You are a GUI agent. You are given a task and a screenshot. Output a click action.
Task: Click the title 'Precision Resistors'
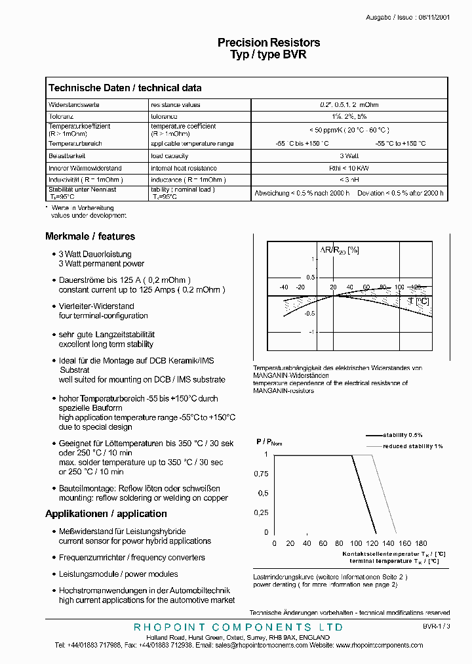click(269, 43)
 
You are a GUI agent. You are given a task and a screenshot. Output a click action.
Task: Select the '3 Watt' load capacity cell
click(349, 156)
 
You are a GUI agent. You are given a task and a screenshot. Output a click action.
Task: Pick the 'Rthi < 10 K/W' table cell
click(349, 169)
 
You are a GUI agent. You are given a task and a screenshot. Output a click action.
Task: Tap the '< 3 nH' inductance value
click(349, 180)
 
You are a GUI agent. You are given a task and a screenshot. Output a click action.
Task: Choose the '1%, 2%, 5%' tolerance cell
click(349, 116)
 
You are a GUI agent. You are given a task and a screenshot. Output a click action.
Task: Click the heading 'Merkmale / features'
click(90, 236)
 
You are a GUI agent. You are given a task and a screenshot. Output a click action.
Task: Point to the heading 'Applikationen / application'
click(106, 514)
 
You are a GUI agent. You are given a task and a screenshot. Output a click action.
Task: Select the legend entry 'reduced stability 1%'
click(413, 446)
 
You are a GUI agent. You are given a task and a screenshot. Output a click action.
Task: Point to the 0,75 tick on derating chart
click(261, 473)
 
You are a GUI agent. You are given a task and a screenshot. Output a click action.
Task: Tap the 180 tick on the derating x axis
click(422, 543)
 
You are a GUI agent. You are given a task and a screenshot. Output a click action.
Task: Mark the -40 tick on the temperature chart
click(283, 287)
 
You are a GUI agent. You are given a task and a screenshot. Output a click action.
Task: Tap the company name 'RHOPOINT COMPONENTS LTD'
click(238, 628)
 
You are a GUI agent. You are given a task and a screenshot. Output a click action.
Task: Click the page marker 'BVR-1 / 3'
click(437, 627)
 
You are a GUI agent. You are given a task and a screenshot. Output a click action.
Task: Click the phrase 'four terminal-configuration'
click(103, 316)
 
